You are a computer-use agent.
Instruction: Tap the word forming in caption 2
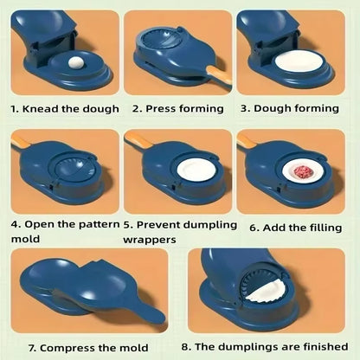click(203, 109)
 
